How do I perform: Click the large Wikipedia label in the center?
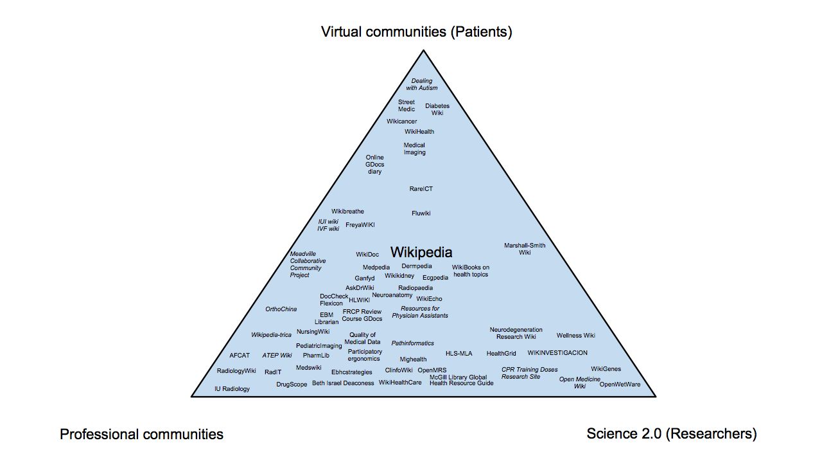pyautogui.click(x=421, y=252)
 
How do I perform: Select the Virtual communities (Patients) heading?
pyautogui.click(x=417, y=32)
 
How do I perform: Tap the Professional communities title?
pyautogui.click(x=141, y=434)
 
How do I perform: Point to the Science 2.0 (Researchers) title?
pyautogui.click(x=672, y=433)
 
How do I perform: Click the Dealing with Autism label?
pyautogui.click(x=422, y=84)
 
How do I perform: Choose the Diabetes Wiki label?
pyautogui.click(x=437, y=109)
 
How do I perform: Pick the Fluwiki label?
pyautogui.click(x=421, y=213)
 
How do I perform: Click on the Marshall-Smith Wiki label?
pyautogui.click(x=525, y=249)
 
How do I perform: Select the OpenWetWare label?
pyautogui.click(x=620, y=385)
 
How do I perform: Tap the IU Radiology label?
pyautogui.click(x=232, y=389)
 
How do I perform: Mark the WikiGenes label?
pyautogui.click(x=606, y=369)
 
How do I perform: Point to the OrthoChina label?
pyautogui.click(x=281, y=309)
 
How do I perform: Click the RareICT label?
pyautogui.click(x=421, y=189)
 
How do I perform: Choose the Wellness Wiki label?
pyautogui.click(x=576, y=336)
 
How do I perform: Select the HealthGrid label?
pyautogui.click(x=502, y=354)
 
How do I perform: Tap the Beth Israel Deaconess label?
pyautogui.click(x=343, y=383)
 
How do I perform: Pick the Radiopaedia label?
pyautogui.click(x=415, y=288)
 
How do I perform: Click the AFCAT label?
pyautogui.click(x=240, y=355)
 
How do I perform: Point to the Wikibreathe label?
pyautogui.click(x=348, y=212)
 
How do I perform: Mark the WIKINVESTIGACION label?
pyautogui.click(x=557, y=353)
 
